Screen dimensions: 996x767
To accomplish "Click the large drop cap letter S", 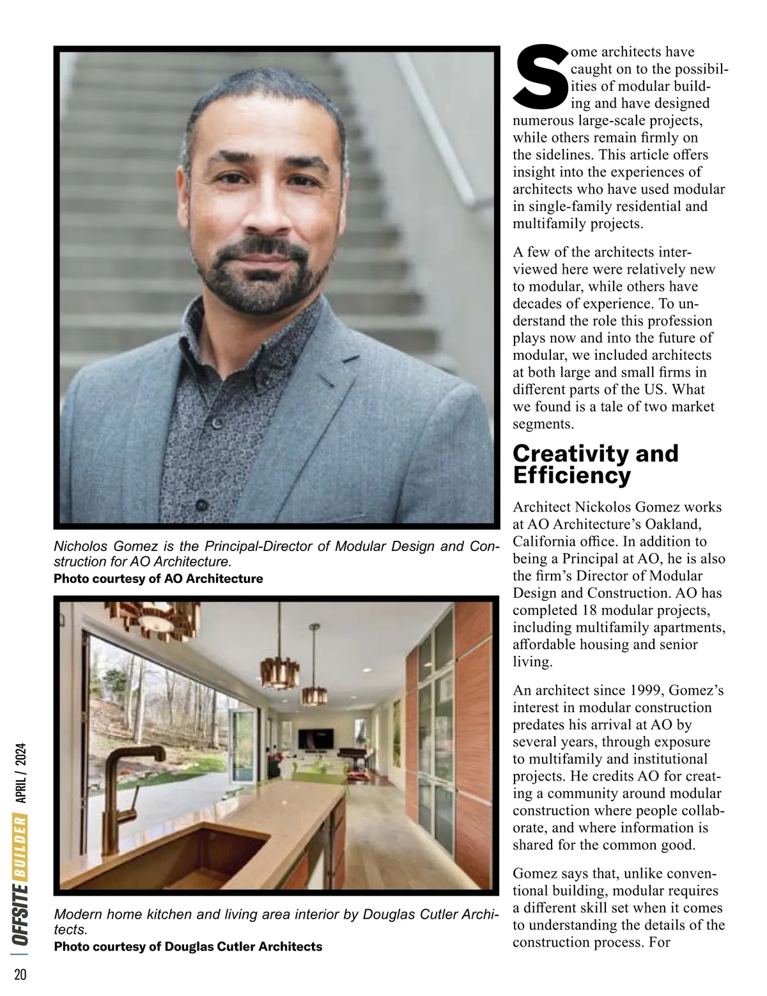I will pos(539,77).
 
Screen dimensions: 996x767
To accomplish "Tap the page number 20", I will pos(20,974).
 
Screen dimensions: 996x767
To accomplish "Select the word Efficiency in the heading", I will pos(571,476).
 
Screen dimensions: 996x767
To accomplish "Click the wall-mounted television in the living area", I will pos(316,739).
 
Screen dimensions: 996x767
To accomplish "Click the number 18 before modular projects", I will pos(590,610).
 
